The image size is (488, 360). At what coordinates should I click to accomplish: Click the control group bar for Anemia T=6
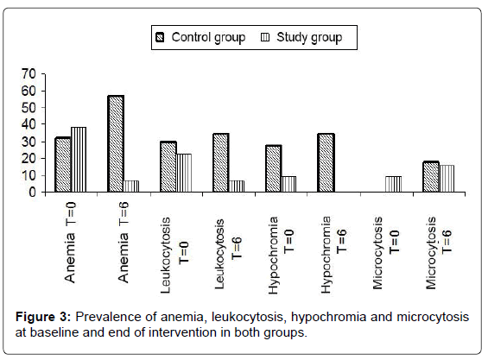click(116, 143)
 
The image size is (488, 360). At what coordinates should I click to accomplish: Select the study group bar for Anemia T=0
click(79, 160)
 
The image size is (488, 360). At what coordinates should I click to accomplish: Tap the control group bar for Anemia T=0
click(63, 165)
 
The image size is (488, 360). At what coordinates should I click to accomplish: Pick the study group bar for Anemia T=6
click(131, 186)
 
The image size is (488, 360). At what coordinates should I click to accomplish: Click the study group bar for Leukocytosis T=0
click(184, 173)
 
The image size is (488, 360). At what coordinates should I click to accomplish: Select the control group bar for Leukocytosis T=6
click(221, 162)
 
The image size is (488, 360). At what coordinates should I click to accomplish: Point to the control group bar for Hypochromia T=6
click(326, 162)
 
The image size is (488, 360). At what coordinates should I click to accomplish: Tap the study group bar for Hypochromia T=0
click(288, 184)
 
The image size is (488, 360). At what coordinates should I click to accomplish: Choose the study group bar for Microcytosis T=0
click(393, 184)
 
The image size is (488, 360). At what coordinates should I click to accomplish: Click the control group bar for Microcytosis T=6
click(431, 176)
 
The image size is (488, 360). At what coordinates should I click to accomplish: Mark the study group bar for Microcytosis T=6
click(447, 179)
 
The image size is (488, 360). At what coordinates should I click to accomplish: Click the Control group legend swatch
click(160, 38)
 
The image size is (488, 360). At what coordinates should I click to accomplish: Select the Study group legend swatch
click(265, 37)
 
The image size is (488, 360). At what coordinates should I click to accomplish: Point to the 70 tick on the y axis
click(43, 74)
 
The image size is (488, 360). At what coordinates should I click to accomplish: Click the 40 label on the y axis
click(29, 124)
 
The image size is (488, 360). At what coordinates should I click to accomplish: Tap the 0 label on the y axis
click(33, 193)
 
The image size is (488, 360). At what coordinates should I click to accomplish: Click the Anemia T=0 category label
click(70, 242)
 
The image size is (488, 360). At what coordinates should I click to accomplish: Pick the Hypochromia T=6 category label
click(334, 256)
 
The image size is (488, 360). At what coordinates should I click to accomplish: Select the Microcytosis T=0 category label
click(386, 253)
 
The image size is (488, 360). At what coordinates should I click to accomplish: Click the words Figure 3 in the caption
click(43, 317)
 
